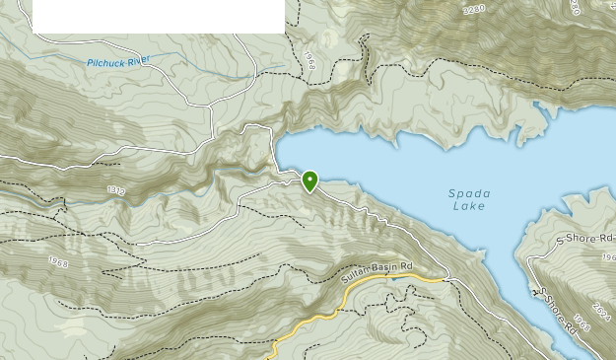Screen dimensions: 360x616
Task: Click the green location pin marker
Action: point(309,180)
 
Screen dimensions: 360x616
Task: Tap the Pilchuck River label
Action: point(118,61)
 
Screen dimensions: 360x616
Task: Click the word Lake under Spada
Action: point(468,206)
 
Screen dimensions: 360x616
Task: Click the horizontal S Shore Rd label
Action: point(584,239)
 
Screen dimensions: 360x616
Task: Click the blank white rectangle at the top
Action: point(159,16)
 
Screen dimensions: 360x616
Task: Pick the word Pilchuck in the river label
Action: point(104,62)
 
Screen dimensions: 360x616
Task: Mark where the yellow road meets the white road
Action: point(445,280)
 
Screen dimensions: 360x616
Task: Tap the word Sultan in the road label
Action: point(354,280)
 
